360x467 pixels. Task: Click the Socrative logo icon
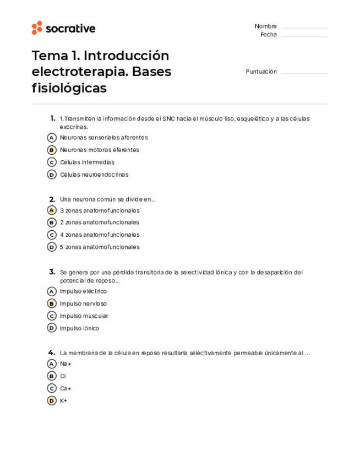click(x=37, y=28)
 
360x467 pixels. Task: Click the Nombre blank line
click(x=304, y=28)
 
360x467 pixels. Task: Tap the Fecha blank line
click(x=304, y=36)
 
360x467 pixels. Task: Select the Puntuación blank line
click(x=304, y=73)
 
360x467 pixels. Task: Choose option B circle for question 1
click(x=52, y=150)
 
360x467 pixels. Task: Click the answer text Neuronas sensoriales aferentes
click(x=103, y=138)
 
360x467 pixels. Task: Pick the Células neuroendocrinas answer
click(x=94, y=175)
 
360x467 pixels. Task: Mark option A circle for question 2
click(x=52, y=210)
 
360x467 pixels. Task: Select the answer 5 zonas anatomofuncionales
click(x=99, y=247)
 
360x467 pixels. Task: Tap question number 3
click(x=52, y=272)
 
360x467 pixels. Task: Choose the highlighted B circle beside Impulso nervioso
click(x=52, y=303)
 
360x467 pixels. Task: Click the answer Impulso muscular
click(x=84, y=316)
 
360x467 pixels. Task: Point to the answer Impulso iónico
click(x=79, y=328)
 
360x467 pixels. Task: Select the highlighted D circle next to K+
click(x=52, y=401)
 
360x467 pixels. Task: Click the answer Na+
click(x=66, y=364)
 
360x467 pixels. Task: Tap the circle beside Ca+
click(x=52, y=388)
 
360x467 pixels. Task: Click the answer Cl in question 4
click(x=63, y=376)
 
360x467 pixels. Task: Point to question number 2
click(x=52, y=199)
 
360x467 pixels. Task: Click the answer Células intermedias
click(x=87, y=162)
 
